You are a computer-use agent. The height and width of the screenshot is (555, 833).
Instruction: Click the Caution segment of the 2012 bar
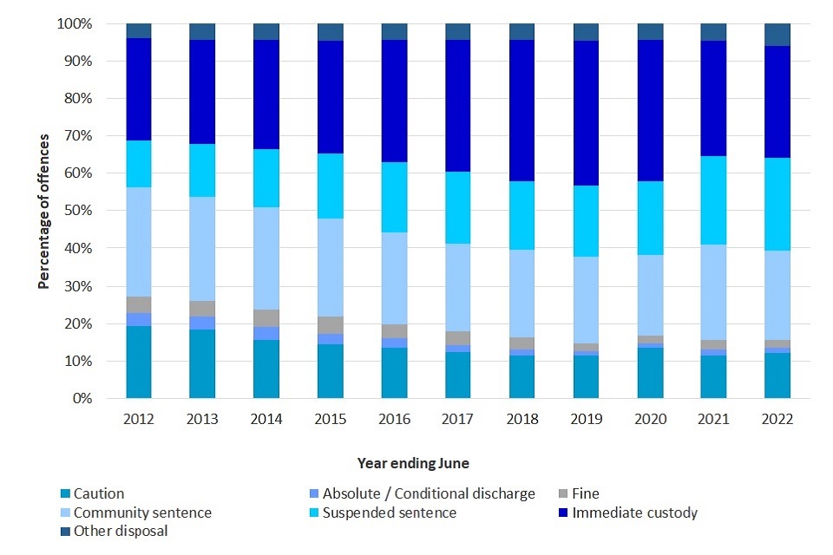[x=139, y=362]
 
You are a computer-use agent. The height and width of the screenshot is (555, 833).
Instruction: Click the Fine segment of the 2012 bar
[x=139, y=304]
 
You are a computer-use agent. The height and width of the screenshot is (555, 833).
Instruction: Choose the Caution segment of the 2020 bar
[x=651, y=373]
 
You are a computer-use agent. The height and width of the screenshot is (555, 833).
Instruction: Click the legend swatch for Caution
[x=63, y=494]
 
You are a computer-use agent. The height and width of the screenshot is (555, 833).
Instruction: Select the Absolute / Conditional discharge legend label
[x=428, y=494]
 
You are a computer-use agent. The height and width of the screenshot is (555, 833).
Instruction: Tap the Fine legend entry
[x=585, y=494]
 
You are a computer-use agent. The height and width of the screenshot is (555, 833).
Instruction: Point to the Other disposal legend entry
[x=120, y=531]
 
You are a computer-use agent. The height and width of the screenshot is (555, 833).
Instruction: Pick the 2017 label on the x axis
[x=459, y=420]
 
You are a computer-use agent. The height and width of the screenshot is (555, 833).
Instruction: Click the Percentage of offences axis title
[x=43, y=211]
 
